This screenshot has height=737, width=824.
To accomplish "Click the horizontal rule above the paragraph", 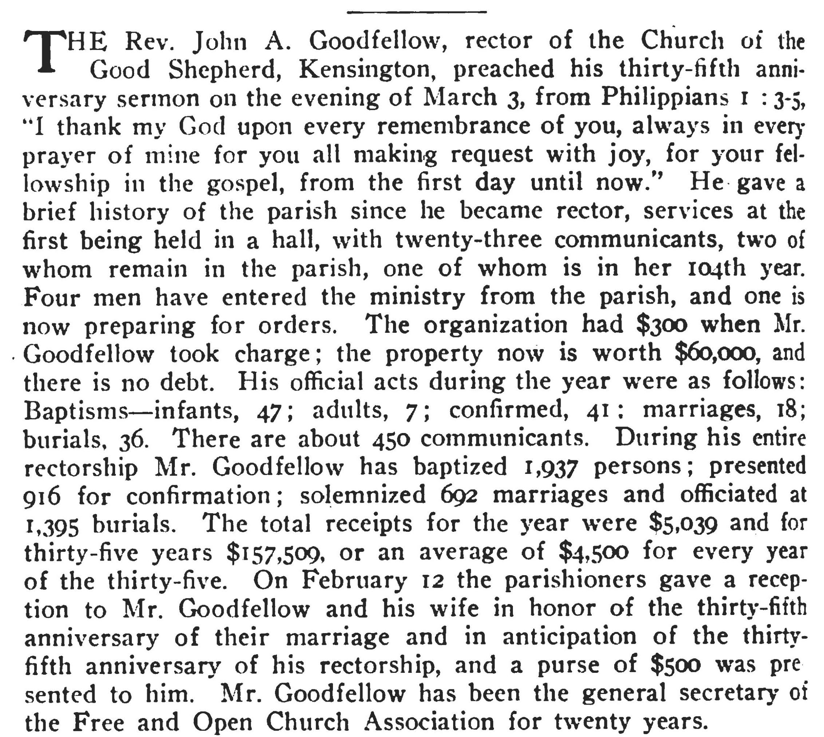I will click(x=416, y=12).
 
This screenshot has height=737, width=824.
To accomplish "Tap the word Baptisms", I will click(x=76, y=411).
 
